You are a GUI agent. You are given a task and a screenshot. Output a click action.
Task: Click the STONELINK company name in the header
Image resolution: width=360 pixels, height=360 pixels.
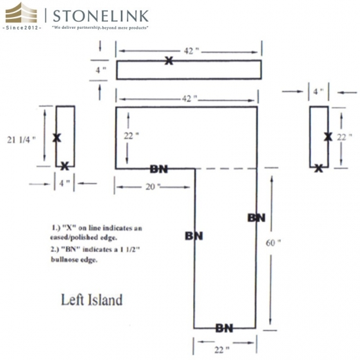pos(101,16)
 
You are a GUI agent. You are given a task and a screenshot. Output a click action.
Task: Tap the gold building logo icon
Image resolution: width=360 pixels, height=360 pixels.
pos(21,13)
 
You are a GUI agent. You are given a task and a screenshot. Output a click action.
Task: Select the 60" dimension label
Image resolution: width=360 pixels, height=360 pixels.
pos(273,243)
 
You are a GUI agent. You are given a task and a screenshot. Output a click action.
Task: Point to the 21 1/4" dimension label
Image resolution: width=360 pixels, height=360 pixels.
pos(22,139)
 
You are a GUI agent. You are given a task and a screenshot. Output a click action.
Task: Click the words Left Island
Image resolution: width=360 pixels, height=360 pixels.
pos(92,300)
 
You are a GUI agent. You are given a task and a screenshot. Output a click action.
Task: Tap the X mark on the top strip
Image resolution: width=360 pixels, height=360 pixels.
pos(169,61)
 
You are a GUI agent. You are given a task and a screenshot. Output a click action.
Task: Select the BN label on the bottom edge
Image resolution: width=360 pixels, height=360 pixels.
pos(225,329)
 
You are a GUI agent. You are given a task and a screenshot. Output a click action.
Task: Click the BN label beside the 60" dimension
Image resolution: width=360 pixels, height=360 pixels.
pos(257,218)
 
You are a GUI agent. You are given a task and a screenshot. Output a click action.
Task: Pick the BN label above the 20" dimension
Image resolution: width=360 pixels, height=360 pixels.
pos(159,170)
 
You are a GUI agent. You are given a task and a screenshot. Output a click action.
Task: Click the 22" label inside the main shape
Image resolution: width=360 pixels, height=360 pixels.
pos(132,136)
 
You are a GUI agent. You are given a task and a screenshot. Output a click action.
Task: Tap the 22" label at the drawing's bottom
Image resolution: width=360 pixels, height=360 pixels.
pos(222,350)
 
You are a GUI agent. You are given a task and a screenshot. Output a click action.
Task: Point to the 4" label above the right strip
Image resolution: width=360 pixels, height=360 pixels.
pos(319,92)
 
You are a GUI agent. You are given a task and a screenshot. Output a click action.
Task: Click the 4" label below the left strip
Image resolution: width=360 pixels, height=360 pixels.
pos(65,183)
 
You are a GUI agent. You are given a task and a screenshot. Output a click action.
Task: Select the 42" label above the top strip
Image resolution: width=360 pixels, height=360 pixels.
pos(192,51)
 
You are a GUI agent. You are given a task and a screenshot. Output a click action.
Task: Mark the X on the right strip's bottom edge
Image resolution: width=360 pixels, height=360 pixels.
pos(319,168)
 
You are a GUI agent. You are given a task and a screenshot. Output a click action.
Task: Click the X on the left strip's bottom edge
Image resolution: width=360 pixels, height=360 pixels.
pos(65,166)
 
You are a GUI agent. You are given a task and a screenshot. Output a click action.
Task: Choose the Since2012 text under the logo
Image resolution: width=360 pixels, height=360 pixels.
pos(22,27)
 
